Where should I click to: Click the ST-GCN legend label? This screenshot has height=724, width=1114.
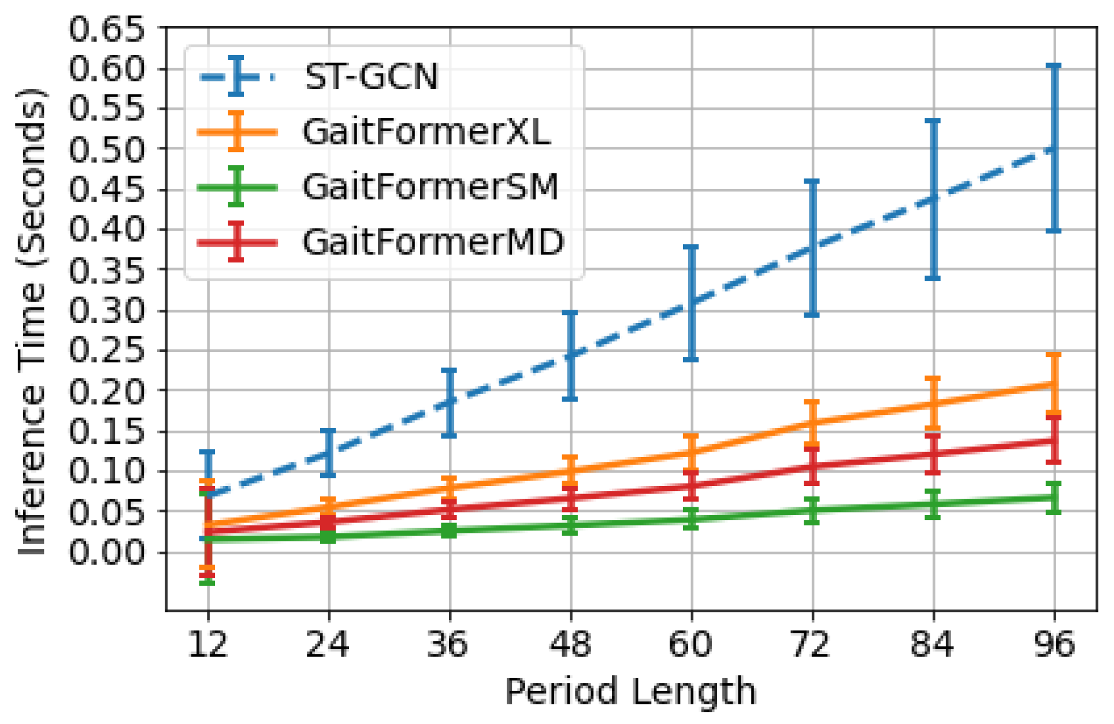[x=372, y=76]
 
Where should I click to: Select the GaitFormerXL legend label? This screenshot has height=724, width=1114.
[x=426, y=132]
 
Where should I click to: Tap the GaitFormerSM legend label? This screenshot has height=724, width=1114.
[x=430, y=187]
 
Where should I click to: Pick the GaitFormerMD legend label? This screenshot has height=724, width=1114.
[x=433, y=242]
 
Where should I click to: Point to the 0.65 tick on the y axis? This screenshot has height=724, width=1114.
[x=106, y=29]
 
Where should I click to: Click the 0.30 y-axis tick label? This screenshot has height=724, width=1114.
[x=106, y=310]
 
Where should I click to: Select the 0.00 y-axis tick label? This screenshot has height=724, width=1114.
[x=106, y=552]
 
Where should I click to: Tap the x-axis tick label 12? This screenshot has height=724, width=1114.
[x=207, y=644]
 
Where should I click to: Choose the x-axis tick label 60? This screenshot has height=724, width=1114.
[x=691, y=644]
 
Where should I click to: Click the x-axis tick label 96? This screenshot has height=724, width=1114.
[x=1054, y=644]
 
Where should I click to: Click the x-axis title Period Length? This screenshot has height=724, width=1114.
[x=630, y=692]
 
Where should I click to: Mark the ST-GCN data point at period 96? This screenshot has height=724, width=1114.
[x=1054, y=149]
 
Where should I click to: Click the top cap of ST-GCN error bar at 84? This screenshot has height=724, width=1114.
[x=933, y=121]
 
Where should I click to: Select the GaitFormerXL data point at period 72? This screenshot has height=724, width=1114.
[x=812, y=422]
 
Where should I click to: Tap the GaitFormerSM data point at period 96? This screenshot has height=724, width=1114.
[x=1054, y=497]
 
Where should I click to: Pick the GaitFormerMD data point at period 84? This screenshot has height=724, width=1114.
[x=933, y=454]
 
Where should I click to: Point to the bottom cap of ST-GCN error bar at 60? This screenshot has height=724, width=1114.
[x=691, y=359]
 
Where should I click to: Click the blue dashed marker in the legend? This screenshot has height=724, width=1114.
[x=236, y=76]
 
